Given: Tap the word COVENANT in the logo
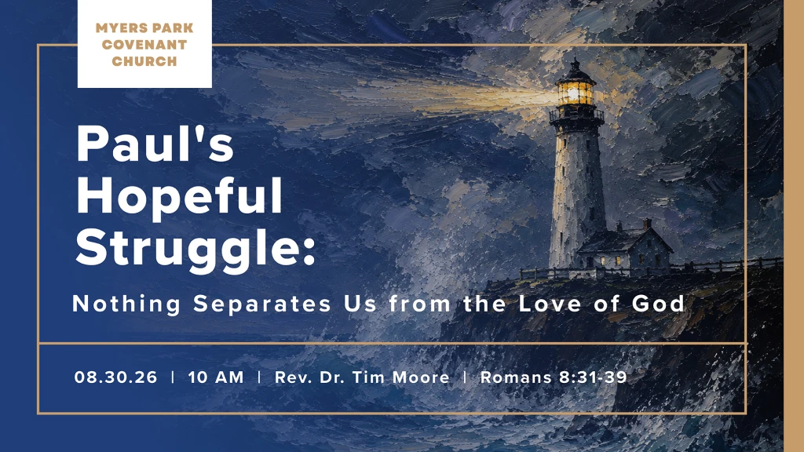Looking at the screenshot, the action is pos(144,45).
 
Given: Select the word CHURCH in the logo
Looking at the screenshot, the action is pos(144,61).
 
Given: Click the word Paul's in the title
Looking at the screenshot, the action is pos(155,144).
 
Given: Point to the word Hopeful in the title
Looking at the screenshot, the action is pos(180,196).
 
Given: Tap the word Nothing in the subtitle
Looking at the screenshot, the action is pos(126,304).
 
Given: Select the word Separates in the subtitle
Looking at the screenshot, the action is pos(262,304).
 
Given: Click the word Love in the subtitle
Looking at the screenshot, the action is pos(550,304).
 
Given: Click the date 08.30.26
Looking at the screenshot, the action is pos(116,377).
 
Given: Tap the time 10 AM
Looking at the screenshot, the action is pos(216,377).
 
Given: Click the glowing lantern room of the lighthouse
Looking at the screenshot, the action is pos(576,93).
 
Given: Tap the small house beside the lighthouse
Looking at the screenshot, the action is pos(625,247).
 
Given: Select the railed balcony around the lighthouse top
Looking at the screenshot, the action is pos(576,115).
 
